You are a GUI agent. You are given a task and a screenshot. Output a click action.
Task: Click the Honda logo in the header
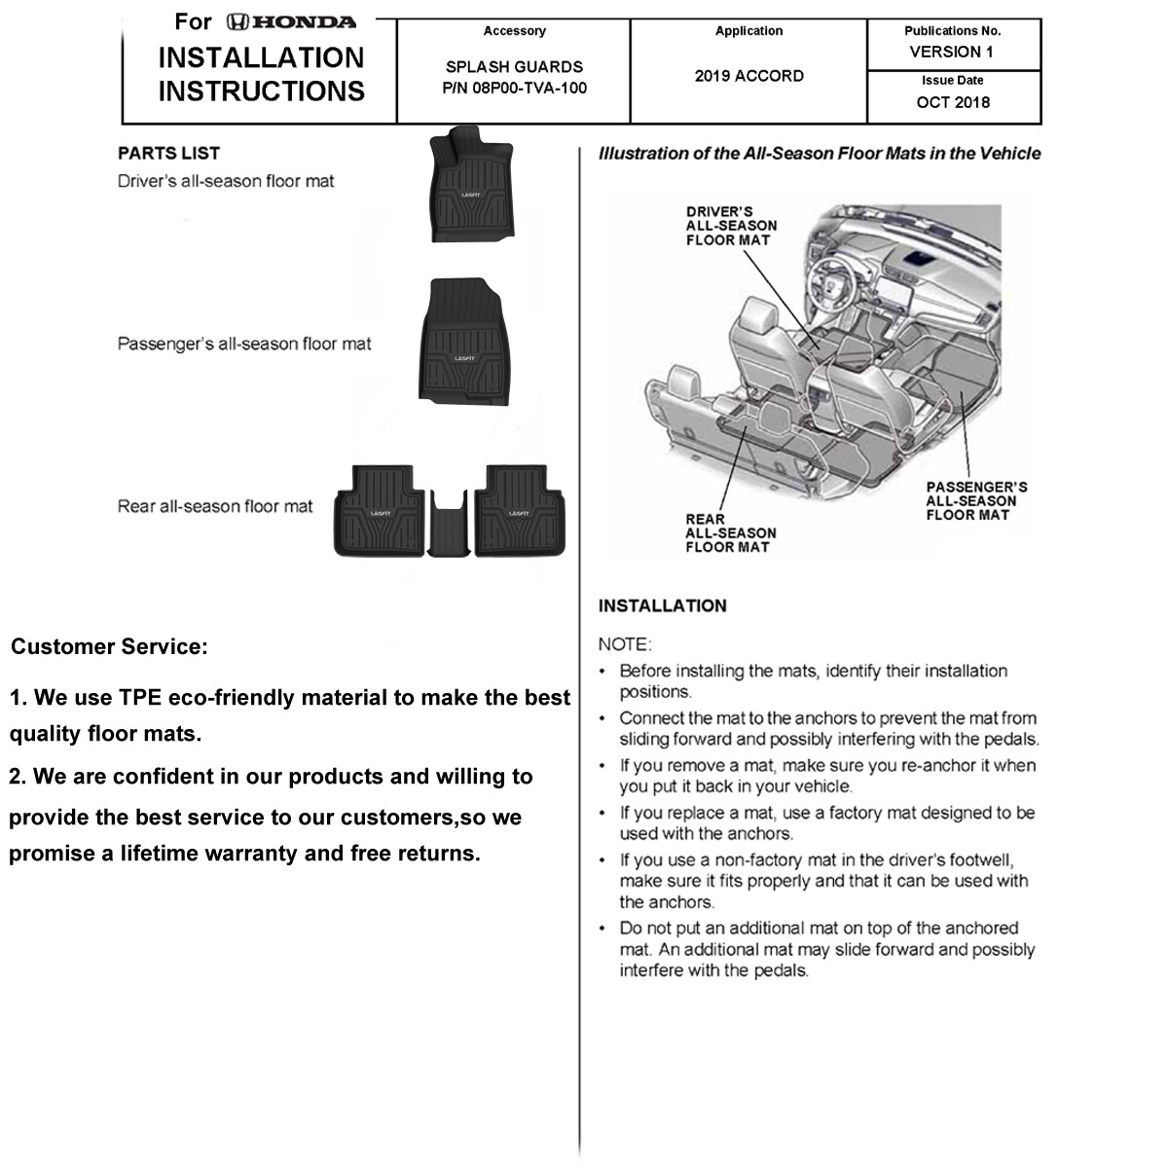pos(291,21)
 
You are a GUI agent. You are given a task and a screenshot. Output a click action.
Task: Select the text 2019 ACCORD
pos(748,76)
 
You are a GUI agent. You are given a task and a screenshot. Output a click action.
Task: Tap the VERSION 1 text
pos(952,52)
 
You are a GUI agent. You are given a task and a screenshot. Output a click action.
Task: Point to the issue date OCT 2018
pos(953,102)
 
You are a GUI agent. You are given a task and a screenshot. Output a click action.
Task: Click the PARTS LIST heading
pos(168,153)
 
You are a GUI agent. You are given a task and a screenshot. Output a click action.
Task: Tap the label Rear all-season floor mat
pos(215,506)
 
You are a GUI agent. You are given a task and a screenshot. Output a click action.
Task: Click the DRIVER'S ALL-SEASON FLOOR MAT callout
pos(731,226)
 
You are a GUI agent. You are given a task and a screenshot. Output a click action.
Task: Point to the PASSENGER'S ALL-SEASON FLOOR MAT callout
pos(976,500)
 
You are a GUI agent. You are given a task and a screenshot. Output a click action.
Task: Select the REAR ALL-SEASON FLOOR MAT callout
pos(730,533)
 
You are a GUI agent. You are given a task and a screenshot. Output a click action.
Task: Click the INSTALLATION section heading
pos(662,605)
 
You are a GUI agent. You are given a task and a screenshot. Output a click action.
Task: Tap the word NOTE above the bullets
pos(624,644)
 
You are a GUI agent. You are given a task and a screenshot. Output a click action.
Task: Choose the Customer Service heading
pos(108,647)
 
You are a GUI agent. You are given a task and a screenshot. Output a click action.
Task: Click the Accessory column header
pos(514,31)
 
